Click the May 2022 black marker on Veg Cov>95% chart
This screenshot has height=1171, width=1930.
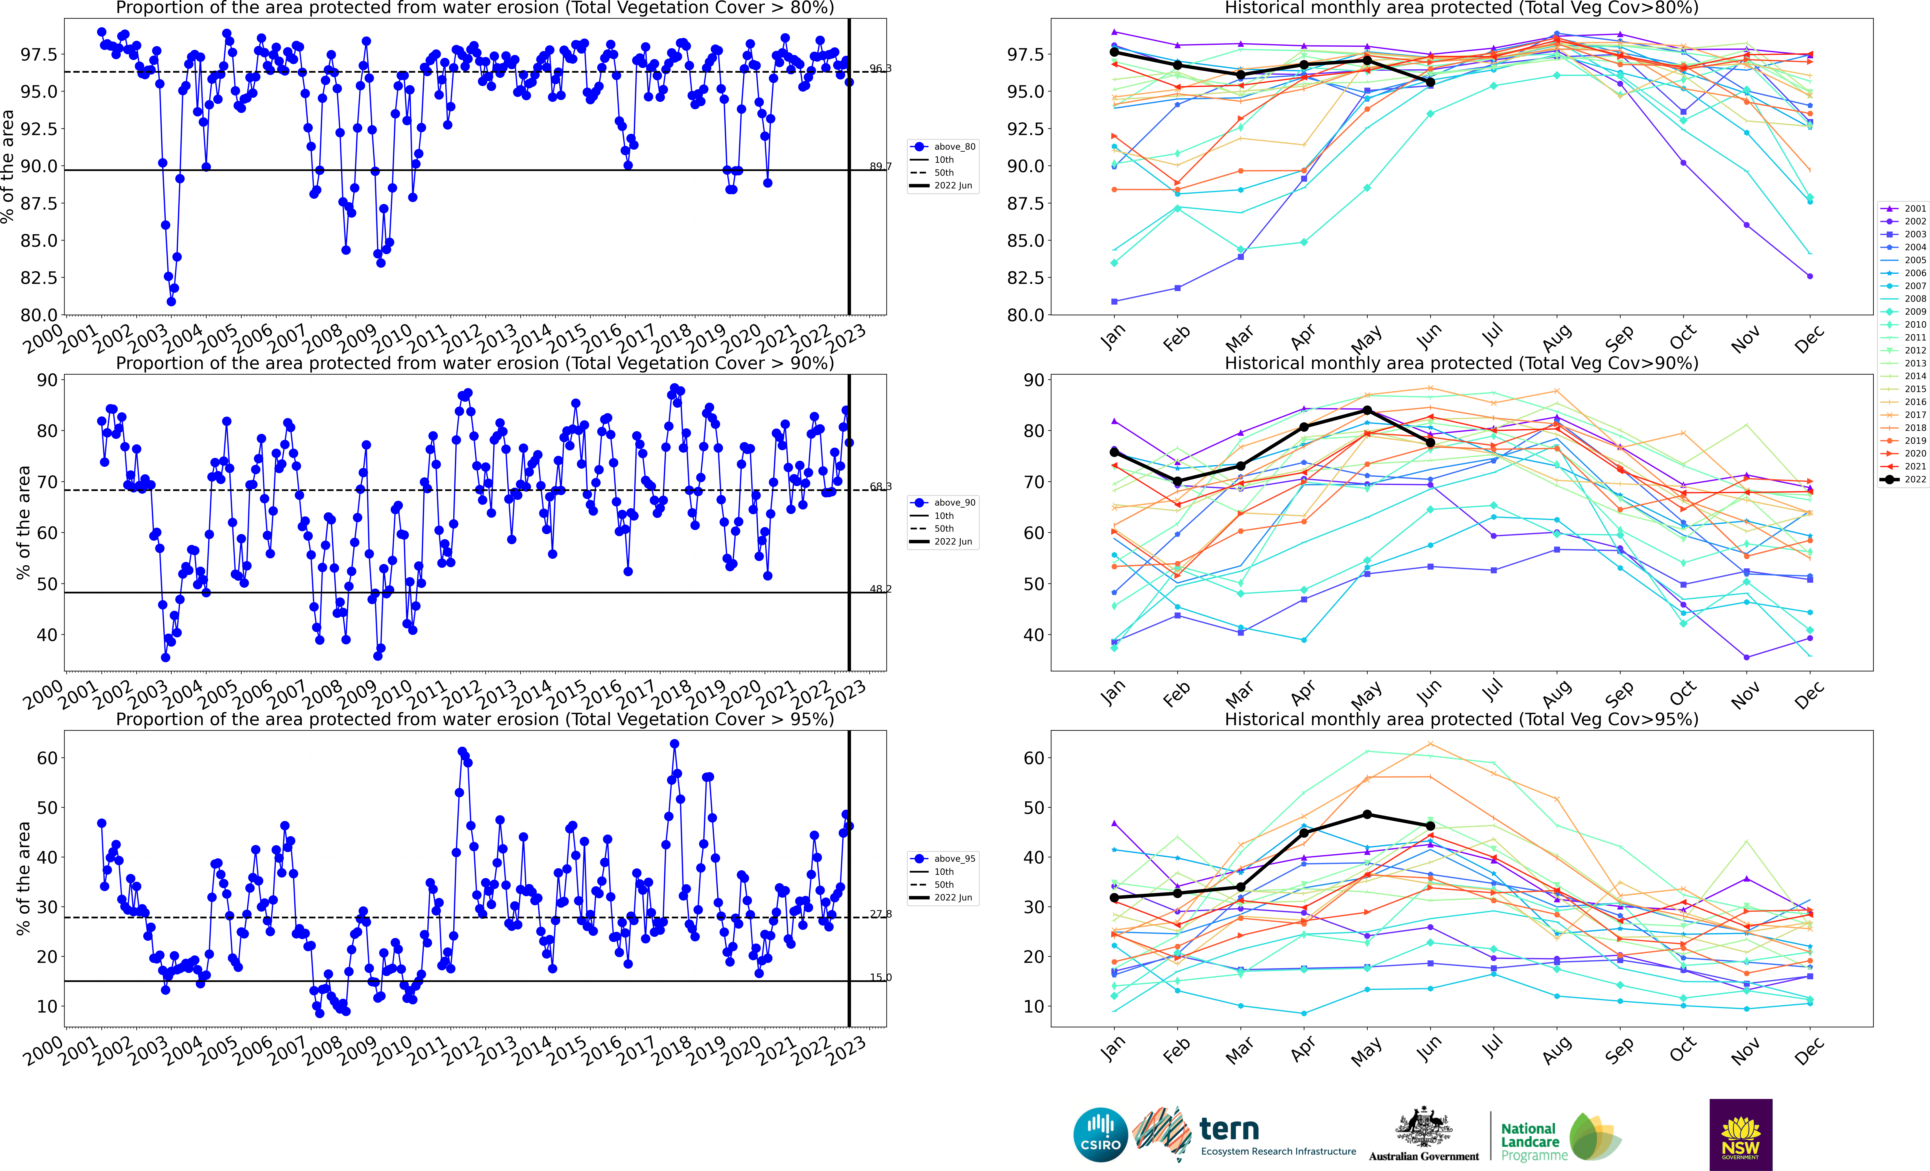(1367, 815)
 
